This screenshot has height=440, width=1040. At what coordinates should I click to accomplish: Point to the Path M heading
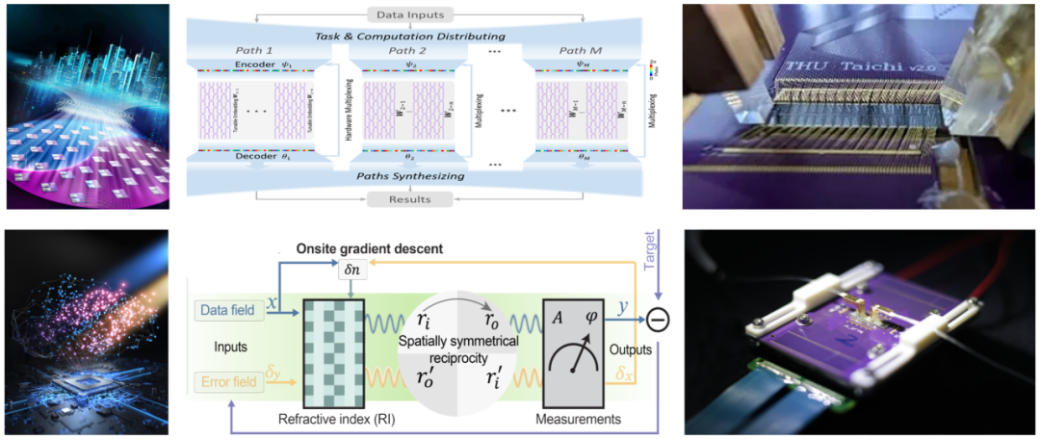(x=574, y=51)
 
